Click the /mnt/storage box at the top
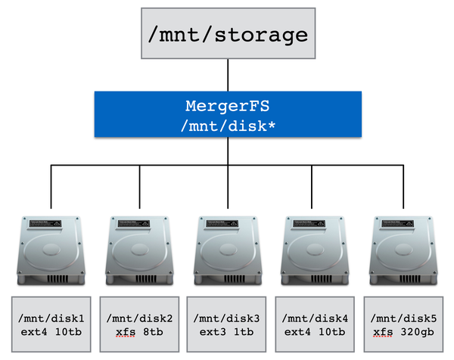[227, 34]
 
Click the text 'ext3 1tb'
[228, 332]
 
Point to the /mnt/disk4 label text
[315, 317]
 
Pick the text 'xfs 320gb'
[402, 332]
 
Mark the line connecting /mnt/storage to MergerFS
[227, 75]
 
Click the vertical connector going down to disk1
[51, 186]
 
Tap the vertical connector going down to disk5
[403, 186]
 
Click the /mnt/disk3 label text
[228, 317]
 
